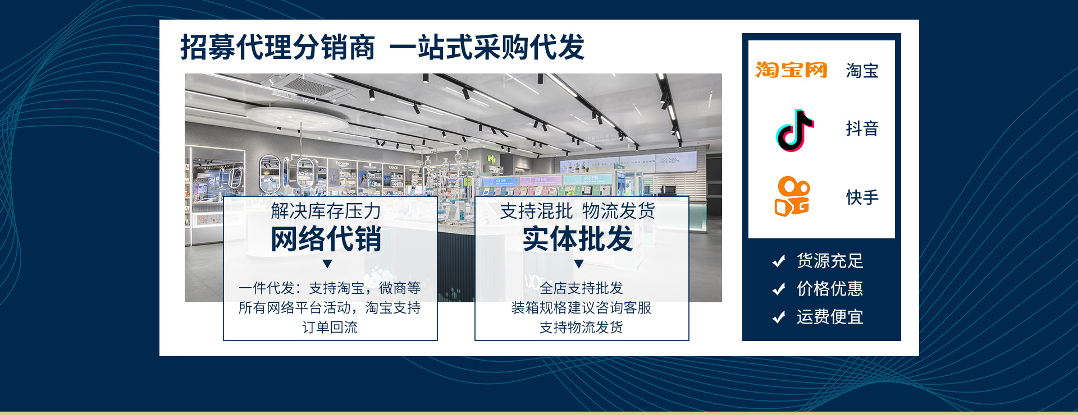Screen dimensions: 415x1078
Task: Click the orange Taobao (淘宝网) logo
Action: click(791, 70)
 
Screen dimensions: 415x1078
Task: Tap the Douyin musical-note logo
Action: click(794, 130)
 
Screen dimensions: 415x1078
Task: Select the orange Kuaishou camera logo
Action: click(792, 197)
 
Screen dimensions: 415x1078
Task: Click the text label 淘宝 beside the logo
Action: click(862, 71)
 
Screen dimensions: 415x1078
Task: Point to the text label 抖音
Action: click(862, 128)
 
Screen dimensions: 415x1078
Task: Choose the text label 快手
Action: click(862, 197)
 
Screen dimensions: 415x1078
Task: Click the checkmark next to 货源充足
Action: click(779, 261)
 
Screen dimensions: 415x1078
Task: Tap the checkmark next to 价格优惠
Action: click(779, 289)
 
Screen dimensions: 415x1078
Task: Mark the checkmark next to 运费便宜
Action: click(779, 317)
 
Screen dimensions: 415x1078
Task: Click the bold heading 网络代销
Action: click(326, 239)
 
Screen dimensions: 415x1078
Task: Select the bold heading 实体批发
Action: click(578, 239)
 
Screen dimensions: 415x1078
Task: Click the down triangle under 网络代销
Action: click(328, 264)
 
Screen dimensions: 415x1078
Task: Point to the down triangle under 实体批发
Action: click(579, 264)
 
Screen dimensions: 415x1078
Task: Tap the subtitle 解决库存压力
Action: click(326, 211)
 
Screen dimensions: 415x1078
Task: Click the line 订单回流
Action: click(330, 327)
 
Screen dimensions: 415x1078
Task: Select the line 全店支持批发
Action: click(581, 288)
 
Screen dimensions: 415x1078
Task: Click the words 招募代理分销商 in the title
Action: click(277, 47)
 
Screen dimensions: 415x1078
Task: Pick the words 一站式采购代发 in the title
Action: click(487, 47)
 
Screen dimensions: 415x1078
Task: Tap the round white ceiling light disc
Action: click(298, 117)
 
